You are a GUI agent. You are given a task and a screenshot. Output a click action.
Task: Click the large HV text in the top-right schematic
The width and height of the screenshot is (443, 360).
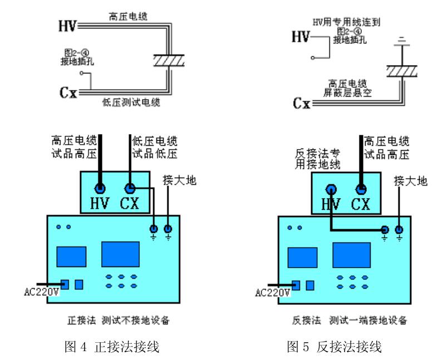tap(301, 37)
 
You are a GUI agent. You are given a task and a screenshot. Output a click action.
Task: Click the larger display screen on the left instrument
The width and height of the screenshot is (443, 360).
tap(120, 254)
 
